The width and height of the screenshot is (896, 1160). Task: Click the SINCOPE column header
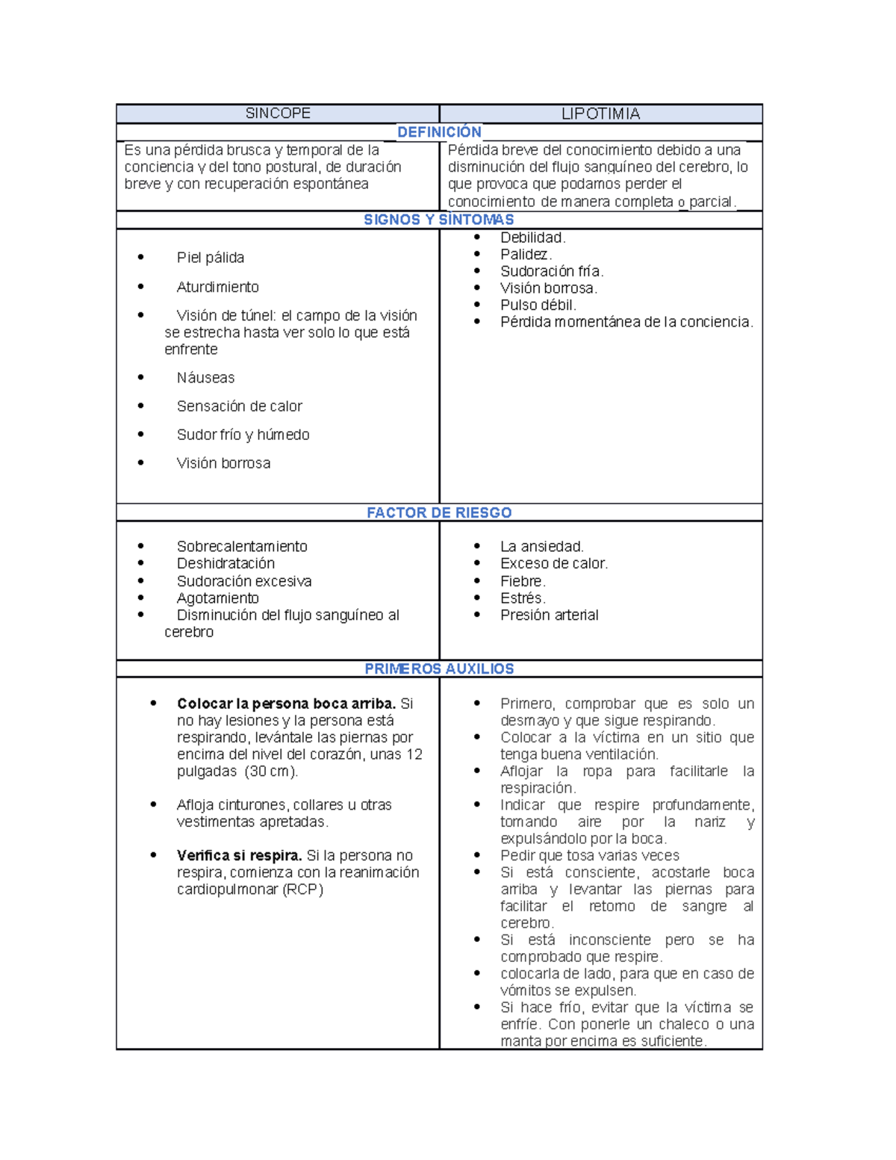pyautogui.click(x=278, y=114)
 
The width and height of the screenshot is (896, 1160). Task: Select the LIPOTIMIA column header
pyautogui.click(x=600, y=114)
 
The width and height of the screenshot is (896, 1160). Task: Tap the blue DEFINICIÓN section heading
pyautogui.click(x=439, y=132)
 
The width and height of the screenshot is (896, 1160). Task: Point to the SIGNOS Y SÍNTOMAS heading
pyautogui.click(x=439, y=220)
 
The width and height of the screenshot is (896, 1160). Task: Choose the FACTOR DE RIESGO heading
pyautogui.click(x=439, y=512)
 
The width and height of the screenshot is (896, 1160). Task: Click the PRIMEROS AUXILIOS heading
pyautogui.click(x=439, y=669)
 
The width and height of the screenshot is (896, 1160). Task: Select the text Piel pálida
pyautogui.click(x=211, y=258)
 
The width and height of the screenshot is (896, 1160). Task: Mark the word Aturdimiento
pyautogui.click(x=218, y=287)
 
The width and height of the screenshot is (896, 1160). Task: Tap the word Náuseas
pyautogui.click(x=206, y=378)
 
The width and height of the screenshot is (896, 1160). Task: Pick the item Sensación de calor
pyautogui.click(x=240, y=406)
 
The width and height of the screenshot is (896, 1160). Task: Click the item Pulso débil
pyautogui.click(x=538, y=305)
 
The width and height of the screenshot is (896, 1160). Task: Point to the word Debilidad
pyautogui.click(x=533, y=238)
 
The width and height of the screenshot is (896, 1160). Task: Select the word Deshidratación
pyautogui.click(x=225, y=563)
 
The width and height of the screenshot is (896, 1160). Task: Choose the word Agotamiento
pyautogui.click(x=218, y=598)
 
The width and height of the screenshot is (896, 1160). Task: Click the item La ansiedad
pyautogui.click(x=542, y=547)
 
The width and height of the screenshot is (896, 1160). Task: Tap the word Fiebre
pyautogui.click(x=523, y=581)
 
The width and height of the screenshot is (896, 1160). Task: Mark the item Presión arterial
pyautogui.click(x=550, y=615)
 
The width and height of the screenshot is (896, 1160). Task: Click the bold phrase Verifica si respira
pyautogui.click(x=239, y=855)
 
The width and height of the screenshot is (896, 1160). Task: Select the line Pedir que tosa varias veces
pyautogui.click(x=590, y=855)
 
